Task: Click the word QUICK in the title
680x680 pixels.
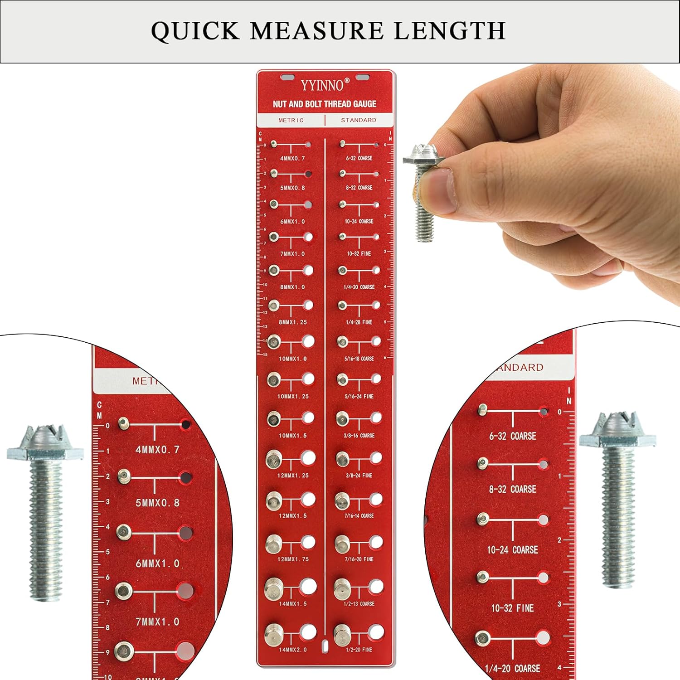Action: point(195,31)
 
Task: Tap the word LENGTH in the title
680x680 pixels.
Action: point(449,31)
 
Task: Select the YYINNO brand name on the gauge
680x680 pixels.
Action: point(322,85)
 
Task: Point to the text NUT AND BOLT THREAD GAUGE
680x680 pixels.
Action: point(325,104)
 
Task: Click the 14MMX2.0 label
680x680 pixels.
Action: point(292,650)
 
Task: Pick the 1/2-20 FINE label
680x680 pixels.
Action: point(359,650)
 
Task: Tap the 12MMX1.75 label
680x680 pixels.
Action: point(293,559)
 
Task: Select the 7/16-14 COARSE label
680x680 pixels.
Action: point(359,516)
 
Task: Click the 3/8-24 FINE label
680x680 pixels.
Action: point(359,476)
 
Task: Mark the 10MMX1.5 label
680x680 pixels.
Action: point(292,436)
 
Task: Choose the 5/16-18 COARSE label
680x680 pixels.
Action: point(359,359)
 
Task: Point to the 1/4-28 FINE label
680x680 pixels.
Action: point(359,322)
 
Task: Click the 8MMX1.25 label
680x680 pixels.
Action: point(292,322)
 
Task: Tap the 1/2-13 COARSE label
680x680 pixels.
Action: point(359,604)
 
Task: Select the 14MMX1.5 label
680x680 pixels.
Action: point(292,604)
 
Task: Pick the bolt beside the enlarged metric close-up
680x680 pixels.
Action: point(45,512)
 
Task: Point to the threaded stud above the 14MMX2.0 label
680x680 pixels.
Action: point(273,633)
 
